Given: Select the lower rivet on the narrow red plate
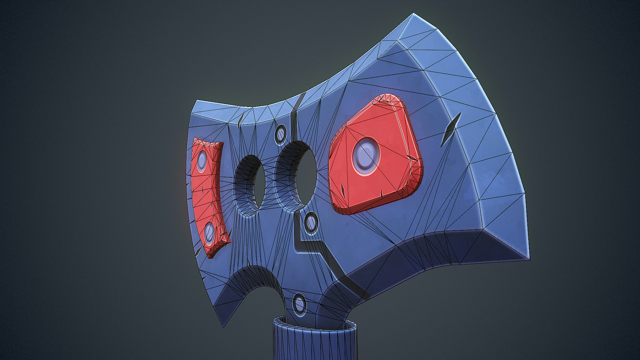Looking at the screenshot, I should pos(210,232).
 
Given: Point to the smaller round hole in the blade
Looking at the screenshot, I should pos(256,185).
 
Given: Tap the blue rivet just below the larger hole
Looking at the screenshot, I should pos(311,222).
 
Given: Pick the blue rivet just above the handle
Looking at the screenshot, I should pos(299,304).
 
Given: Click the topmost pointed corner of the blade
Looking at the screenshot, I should pos(413,14).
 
